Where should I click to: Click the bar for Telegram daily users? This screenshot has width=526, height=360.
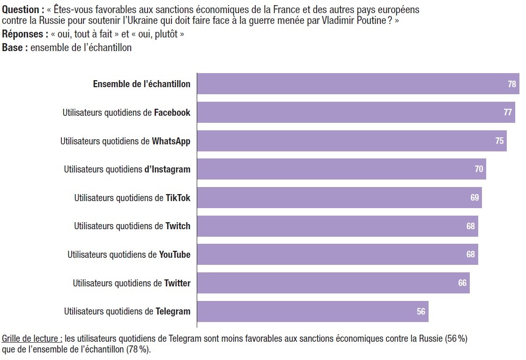pos(312,311)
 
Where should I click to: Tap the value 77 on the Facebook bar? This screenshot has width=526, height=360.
pos(508,112)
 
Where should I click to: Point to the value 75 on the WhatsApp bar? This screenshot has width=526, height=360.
pos(499,141)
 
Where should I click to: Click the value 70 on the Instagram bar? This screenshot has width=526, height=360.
pos(479,169)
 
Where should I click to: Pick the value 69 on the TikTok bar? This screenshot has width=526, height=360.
pos(474,198)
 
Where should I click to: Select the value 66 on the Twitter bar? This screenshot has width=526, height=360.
pos(462,283)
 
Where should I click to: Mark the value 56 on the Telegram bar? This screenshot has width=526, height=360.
pos(421,311)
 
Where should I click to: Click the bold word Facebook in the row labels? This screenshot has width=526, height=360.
pos(172,112)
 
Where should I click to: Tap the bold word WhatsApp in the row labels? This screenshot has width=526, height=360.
pos(171,141)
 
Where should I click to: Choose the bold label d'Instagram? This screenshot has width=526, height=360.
pos(167,169)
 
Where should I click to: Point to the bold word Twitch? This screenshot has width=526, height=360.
pos(178,226)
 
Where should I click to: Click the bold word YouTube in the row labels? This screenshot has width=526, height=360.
pos(175,255)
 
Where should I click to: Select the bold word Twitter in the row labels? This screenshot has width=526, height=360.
pos(177,283)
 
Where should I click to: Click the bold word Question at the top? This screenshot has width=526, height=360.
pos(21,9)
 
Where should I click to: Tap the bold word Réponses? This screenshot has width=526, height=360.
pos(24,35)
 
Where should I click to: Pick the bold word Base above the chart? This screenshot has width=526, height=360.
pos(12,48)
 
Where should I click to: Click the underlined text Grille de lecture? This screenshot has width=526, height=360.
pos(31,338)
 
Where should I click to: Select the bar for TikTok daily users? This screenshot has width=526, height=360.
pos(339,198)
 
